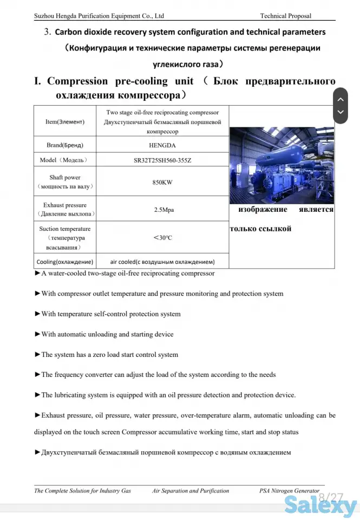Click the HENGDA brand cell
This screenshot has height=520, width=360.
162,145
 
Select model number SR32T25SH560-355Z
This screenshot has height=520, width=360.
162,160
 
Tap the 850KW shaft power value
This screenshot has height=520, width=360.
162,182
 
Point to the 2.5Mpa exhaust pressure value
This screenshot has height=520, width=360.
162,209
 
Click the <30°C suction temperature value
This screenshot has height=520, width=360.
162,237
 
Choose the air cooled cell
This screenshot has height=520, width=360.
162,261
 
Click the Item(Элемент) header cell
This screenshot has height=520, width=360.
65,121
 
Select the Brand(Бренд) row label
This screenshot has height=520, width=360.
65,145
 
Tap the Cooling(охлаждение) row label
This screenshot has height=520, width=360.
65,261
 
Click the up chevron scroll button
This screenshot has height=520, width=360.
340,100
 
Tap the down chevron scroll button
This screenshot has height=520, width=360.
340,113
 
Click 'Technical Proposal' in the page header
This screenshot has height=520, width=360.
285,16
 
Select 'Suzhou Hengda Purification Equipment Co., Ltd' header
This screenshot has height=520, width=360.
99,16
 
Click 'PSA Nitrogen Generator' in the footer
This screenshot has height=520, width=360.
289,491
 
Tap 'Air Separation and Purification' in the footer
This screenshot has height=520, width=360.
191,491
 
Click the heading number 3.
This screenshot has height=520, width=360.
47,32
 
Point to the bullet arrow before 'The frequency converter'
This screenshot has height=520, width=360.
37,374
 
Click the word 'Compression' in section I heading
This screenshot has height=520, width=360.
77,81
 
